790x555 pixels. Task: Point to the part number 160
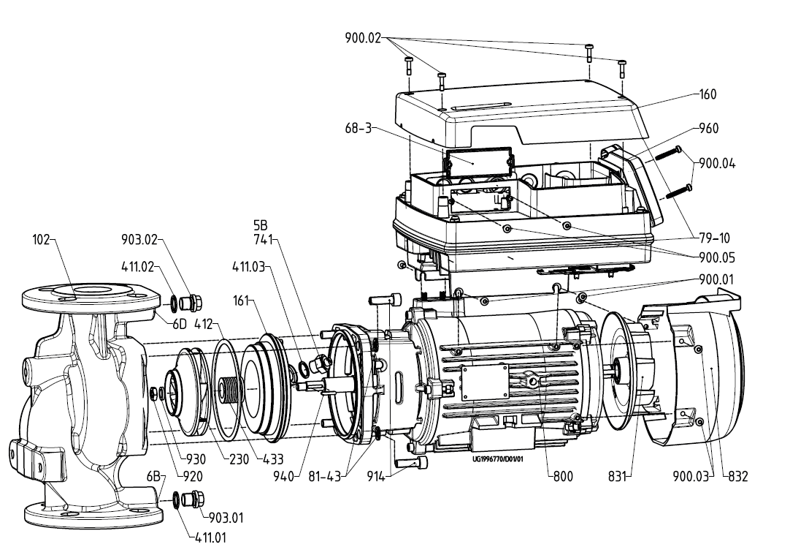pos(707,94)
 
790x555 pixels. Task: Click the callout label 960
pos(708,128)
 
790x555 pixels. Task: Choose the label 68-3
pos(358,128)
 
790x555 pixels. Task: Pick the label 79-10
pos(713,238)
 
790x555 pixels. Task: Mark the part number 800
pos(562,476)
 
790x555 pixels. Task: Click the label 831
pos(619,476)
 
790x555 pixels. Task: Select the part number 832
pos(737,476)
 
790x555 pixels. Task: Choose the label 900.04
pos(717,163)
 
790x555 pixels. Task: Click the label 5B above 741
pos(260,227)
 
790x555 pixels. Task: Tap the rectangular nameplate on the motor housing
pos(478,380)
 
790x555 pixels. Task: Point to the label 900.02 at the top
pos(364,37)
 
